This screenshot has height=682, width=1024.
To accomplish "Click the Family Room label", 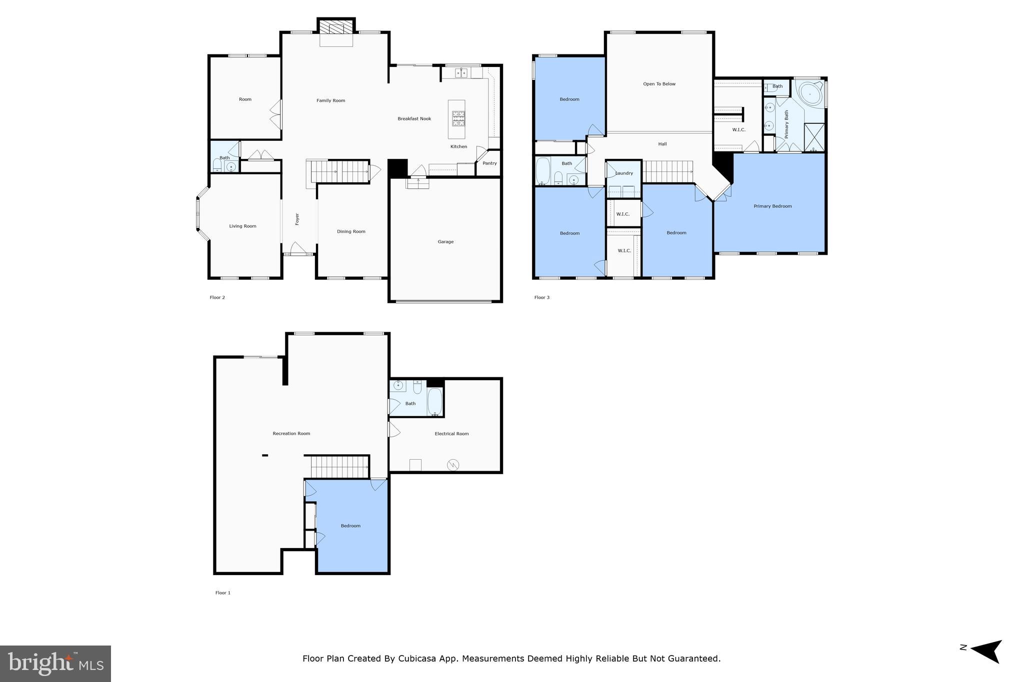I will (330, 100).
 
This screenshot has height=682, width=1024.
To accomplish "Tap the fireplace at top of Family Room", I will (336, 28).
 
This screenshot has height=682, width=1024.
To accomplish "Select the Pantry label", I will (489, 163).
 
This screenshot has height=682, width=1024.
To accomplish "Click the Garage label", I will (445, 242).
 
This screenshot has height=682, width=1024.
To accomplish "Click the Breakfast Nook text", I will (414, 119).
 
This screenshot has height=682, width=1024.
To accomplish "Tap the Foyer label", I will (297, 219).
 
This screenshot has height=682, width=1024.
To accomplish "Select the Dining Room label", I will (351, 231).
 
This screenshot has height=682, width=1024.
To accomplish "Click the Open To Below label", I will (659, 84).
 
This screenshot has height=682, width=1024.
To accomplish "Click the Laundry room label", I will (624, 173).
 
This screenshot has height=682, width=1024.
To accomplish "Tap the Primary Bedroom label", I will (772, 206).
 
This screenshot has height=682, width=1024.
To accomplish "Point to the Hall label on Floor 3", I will (662, 144).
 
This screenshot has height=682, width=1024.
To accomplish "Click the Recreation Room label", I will (291, 434).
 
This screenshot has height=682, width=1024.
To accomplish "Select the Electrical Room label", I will (451, 434).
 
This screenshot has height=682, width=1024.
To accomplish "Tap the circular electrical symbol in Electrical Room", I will (453, 465).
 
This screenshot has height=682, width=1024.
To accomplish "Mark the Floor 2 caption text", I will (217, 298).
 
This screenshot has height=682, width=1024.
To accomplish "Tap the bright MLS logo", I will (55, 664).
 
